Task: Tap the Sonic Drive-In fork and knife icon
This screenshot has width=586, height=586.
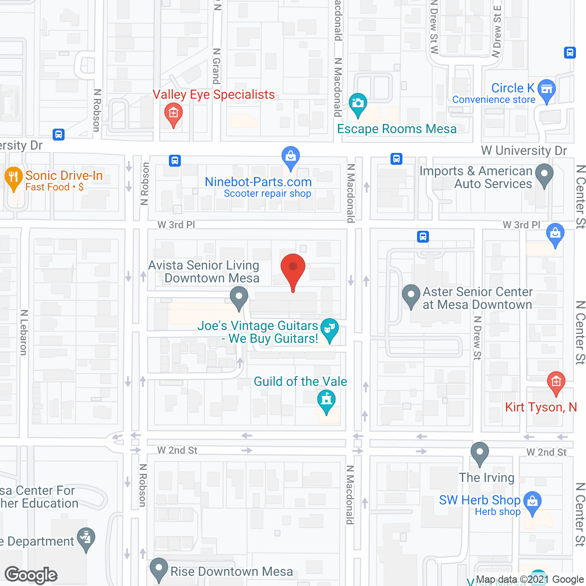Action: click(14, 178)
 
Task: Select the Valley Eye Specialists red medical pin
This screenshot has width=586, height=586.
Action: click(174, 113)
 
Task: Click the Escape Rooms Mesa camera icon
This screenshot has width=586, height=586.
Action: click(358, 103)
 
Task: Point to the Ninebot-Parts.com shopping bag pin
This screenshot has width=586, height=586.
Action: click(291, 157)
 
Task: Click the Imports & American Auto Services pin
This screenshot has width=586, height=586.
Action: click(544, 175)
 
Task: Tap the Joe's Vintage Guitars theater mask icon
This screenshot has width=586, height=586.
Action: click(329, 329)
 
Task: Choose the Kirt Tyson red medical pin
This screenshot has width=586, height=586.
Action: click(556, 382)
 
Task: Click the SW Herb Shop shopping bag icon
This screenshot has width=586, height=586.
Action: click(532, 501)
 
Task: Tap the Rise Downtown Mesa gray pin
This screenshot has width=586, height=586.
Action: click(159, 569)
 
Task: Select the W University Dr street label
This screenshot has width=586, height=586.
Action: click(524, 151)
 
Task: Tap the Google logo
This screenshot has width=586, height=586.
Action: click(31, 575)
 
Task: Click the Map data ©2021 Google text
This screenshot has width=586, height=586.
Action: click(530, 580)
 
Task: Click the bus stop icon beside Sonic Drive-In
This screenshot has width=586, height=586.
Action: click(59, 135)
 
